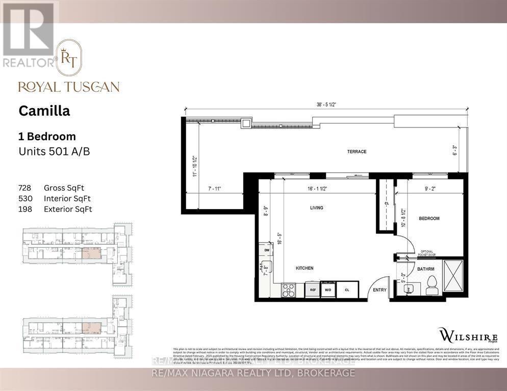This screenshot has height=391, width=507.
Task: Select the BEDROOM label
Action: [x=429, y=218]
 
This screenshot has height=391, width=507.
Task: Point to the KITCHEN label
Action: [x=304, y=268]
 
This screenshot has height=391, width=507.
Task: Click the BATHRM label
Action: [x=425, y=269]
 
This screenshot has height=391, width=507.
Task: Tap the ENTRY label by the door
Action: [x=379, y=290]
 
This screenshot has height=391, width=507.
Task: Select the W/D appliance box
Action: [x=327, y=290]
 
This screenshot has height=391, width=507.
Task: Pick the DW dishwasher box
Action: [x=266, y=250]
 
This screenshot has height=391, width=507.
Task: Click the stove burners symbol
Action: [x=289, y=290]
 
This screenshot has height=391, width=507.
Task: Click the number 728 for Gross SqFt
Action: [x=26, y=188]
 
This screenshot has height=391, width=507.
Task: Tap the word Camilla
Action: [x=44, y=111]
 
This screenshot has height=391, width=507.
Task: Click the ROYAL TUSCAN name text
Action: [x=69, y=87]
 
